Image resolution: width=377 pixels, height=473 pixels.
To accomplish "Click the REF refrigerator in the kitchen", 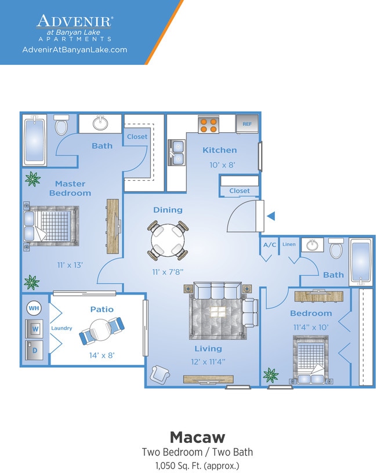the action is click(247, 123).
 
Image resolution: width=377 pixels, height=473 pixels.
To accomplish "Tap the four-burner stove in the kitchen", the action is click(208, 124).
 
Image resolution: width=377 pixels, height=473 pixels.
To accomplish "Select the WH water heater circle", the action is click(34, 308).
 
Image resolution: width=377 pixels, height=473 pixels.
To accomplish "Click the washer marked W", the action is click(34, 329).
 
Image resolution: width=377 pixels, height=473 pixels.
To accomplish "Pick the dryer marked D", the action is click(34, 350).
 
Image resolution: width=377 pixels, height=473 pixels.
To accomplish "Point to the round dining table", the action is click(168, 240).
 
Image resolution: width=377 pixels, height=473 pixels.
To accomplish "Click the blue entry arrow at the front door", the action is click(271, 216).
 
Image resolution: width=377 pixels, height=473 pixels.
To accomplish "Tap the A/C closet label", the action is click(270, 245).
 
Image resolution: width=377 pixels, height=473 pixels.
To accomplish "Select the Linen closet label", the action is click(289, 244).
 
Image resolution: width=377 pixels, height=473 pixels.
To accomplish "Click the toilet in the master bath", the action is click(62, 125).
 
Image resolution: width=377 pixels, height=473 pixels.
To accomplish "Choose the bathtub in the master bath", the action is click(35, 140).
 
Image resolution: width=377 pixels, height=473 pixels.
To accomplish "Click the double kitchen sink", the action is click(176, 152).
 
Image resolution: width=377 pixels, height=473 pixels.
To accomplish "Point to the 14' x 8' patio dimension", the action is click(102, 355).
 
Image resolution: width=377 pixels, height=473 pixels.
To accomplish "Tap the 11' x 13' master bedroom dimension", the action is click(70, 265).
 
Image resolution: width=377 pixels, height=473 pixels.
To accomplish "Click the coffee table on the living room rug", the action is click(218, 312).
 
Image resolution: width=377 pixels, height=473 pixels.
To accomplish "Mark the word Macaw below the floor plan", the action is click(198, 437).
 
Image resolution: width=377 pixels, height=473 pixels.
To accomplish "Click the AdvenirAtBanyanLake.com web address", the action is click(75, 50).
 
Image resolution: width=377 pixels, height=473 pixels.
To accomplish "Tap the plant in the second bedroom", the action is click(271, 375).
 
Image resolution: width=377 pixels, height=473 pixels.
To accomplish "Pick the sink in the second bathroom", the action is click(312, 245).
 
